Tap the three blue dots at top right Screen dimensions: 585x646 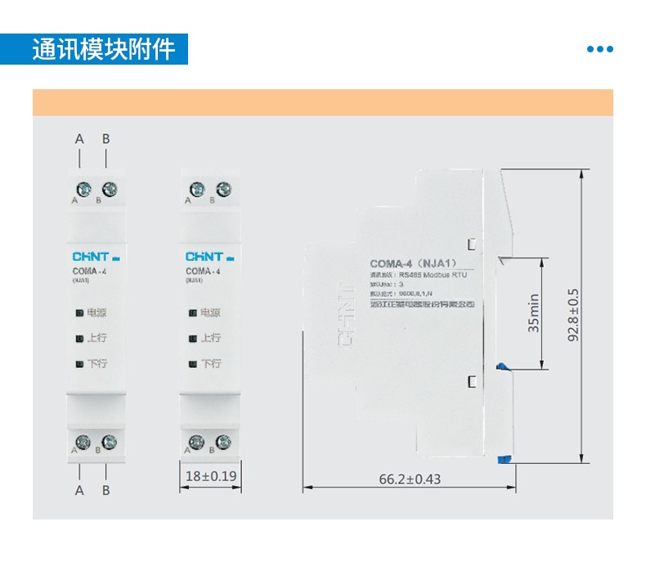pos(599,49)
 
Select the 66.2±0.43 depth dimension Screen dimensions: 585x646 pos(410,479)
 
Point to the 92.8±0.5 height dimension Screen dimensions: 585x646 pos(572,314)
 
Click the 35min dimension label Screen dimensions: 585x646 pos(533,313)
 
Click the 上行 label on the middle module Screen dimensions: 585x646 pos(210,337)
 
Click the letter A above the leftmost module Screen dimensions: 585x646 pos(79,139)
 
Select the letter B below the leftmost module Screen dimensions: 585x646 pos(105,490)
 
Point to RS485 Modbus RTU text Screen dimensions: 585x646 pos(433,276)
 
